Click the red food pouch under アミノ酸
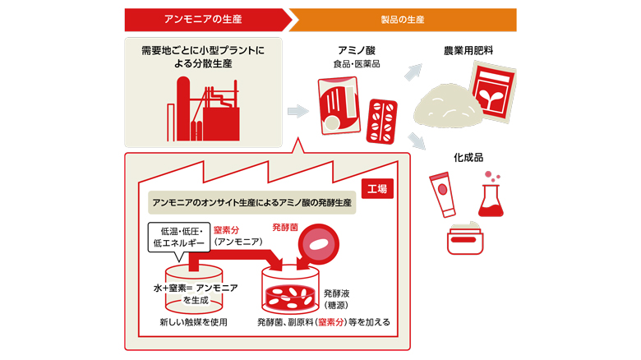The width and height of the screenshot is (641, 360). click(339, 104)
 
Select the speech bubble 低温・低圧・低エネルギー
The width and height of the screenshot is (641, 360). click(178, 237)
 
